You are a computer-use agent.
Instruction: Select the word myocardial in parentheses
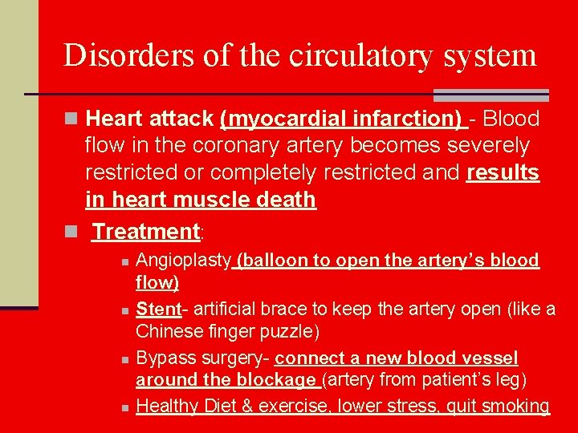pos(290,119)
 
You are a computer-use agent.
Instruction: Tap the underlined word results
pos(503,173)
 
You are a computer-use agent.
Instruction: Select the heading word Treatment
pos(145,232)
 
